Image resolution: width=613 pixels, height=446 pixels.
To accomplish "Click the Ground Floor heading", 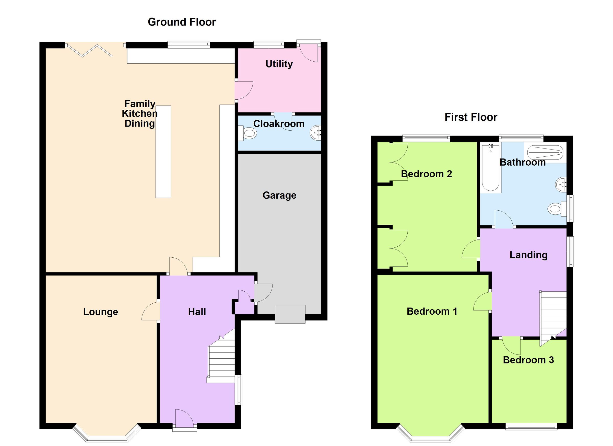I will pos(182,22).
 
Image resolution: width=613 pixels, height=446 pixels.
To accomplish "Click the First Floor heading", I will pos(471,117).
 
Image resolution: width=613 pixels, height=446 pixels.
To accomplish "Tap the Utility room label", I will pos(279,64).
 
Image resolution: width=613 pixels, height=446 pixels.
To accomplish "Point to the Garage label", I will pos(279,195).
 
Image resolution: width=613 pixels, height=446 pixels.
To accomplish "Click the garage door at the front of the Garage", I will pos(290,314).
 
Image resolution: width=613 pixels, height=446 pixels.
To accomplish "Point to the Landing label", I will pos(528,255).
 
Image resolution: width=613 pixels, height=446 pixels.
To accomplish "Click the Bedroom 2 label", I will pos(426,174).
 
